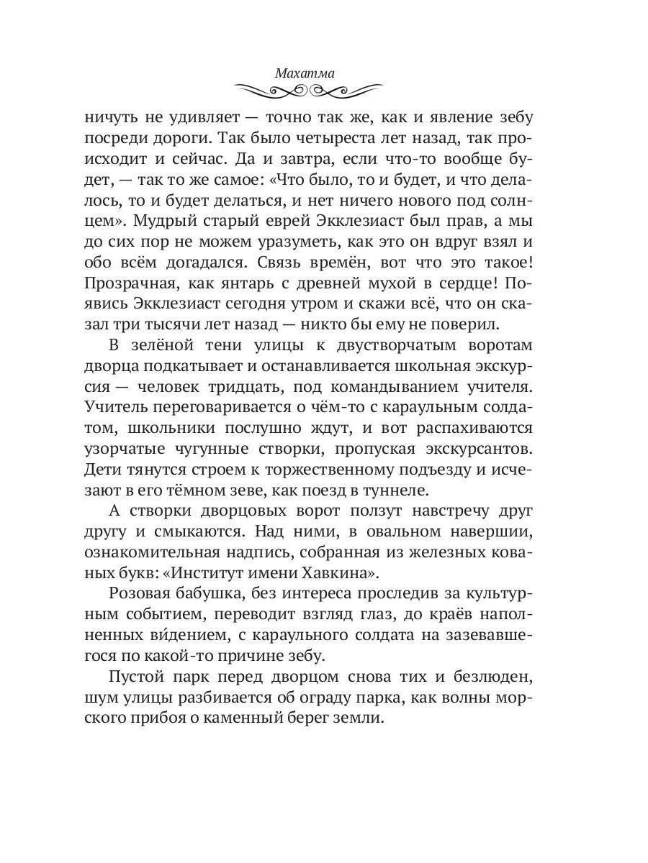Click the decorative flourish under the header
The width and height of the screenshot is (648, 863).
[x=309, y=90]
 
